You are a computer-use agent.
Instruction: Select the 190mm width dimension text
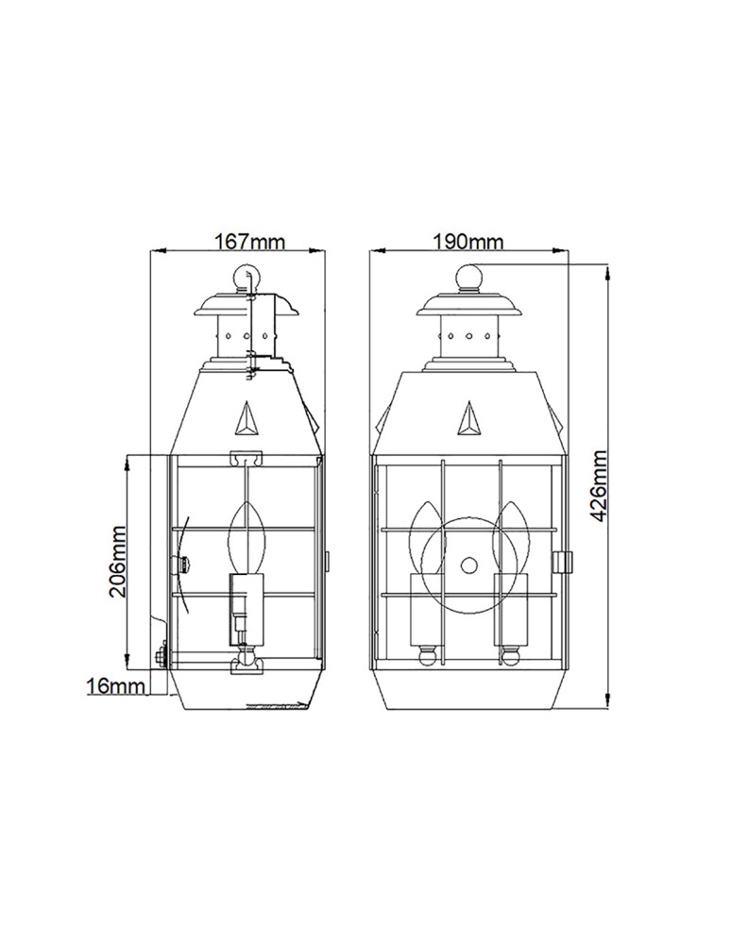pyautogui.click(x=467, y=242)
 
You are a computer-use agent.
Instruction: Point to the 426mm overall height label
pyautogui.click(x=598, y=488)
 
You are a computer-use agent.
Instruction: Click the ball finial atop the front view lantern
pyautogui.click(x=469, y=278)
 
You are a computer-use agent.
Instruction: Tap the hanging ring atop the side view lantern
pyautogui.click(x=244, y=277)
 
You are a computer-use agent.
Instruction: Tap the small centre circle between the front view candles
pyautogui.click(x=468, y=565)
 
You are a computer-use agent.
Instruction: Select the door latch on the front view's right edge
pyautogui.click(x=566, y=562)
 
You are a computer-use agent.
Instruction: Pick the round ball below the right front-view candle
pyautogui.click(x=513, y=653)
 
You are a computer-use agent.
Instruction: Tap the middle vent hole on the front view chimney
pyautogui.click(x=469, y=335)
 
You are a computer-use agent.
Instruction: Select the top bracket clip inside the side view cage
pyautogui.click(x=246, y=458)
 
